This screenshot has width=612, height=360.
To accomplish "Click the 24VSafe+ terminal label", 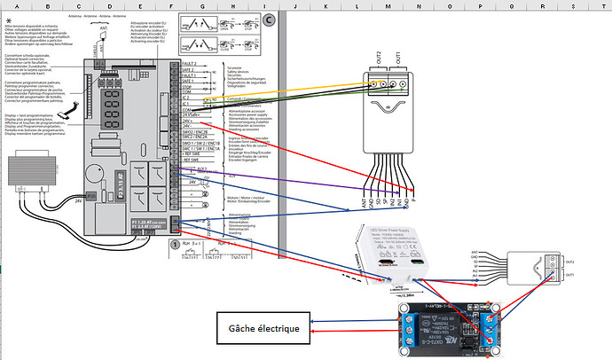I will [x=189, y=115].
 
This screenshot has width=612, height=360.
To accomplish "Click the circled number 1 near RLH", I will [x=175, y=242].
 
